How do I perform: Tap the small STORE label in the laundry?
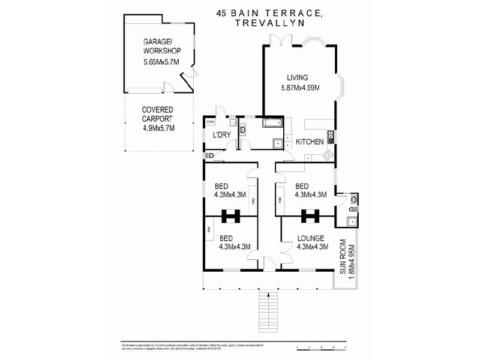pyautogui.click(x=211, y=122)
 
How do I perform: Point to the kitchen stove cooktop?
pyautogui.click(x=328, y=155)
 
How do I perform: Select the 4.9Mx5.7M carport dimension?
pyautogui.click(x=158, y=127)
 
